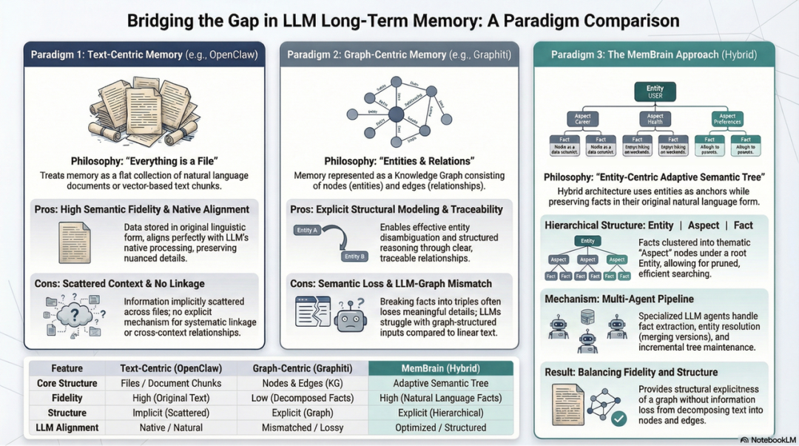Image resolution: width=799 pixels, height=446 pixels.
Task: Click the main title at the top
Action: click(x=403, y=20)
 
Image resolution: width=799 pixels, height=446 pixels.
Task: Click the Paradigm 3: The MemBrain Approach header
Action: click(x=655, y=55)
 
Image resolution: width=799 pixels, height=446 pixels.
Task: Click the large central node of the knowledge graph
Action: click(x=396, y=114)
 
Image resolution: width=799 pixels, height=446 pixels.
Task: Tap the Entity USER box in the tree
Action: click(x=655, y=92)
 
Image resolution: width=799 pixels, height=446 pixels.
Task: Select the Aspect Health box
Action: click(x=655, y=119)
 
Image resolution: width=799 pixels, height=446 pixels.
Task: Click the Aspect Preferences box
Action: click(x=727, y=119)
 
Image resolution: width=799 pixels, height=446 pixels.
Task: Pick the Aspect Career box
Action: click(x=583, y=119)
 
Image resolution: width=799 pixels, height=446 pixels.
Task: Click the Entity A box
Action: click(x=306, y=231)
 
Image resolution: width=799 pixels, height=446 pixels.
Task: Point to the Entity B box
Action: click(x=354, y=256)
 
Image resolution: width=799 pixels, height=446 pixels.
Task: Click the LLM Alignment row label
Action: click(x=67, y=428)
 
